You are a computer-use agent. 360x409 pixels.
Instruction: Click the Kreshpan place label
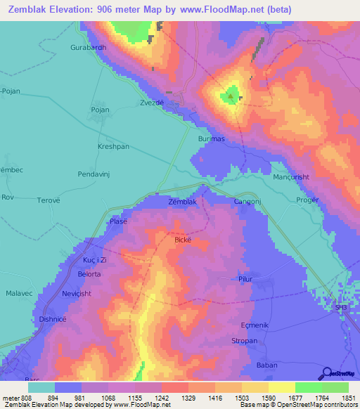(x=112, y=147)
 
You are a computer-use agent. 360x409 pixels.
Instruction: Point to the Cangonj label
(x=248, y=202)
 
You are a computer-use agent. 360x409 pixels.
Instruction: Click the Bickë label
(x=184, y=240)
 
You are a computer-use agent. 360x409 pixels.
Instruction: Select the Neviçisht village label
(x=77, y=293)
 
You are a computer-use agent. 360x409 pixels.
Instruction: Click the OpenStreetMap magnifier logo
(x=325, y=372)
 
